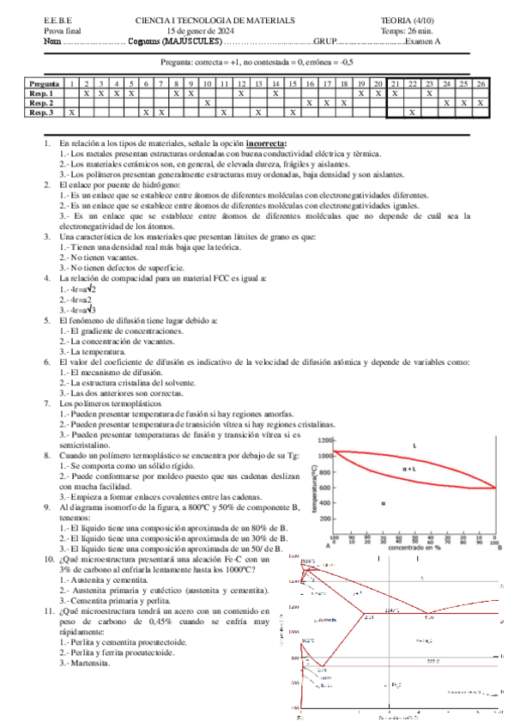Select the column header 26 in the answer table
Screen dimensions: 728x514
pos(481,83)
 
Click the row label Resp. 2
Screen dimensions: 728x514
pos(41,102)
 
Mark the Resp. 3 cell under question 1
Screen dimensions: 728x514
pos(72,112)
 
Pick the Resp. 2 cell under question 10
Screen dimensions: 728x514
pos(208,102)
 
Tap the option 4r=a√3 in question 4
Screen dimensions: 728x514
pos(77,309)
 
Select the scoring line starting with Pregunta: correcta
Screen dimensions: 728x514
pos(257,63)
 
